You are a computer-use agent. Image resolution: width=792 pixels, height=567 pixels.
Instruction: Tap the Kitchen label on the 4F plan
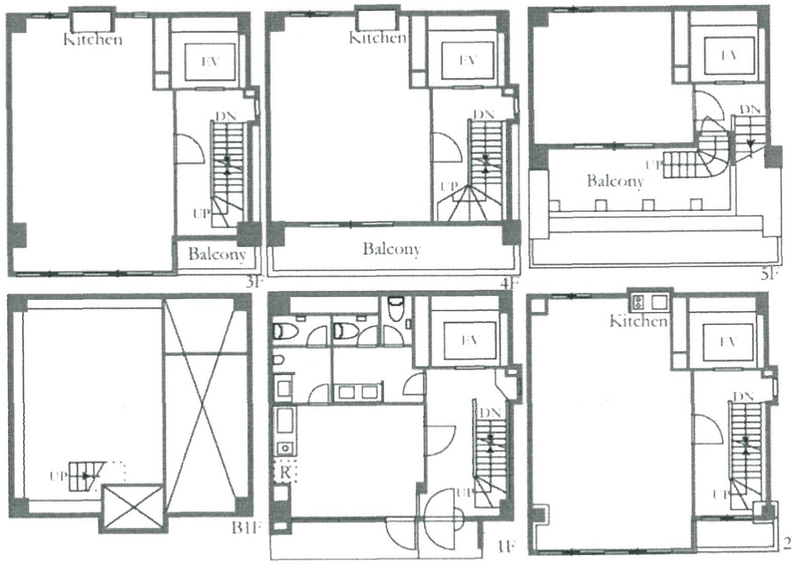(x=377, y=38)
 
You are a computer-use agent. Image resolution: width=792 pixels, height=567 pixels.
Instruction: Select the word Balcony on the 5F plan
(x=614, y=181)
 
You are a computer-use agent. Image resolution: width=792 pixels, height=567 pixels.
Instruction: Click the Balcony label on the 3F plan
(x=217, y=254)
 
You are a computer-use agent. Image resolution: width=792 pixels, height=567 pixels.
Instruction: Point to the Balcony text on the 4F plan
(x=391, y=249)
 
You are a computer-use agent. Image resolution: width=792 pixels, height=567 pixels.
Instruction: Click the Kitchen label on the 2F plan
(x=638, y=321)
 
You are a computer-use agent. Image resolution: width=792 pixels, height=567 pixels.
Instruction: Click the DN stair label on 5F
(x=748, y=108)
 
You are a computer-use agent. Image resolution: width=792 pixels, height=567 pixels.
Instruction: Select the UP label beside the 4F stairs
(x=447, y=186)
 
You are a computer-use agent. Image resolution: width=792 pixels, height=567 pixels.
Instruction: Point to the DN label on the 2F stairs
(x=742, y=396)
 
